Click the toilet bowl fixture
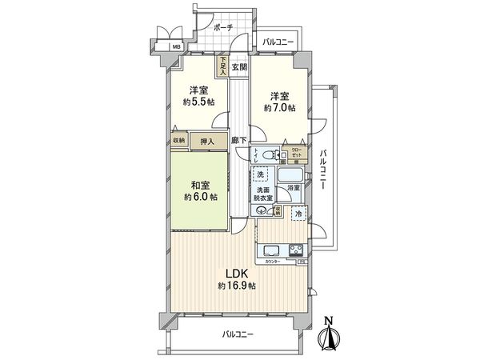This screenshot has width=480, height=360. click(270, 155)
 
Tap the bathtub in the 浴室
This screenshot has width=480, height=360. click(290, 176)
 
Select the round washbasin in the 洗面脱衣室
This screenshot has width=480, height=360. click(262, 210)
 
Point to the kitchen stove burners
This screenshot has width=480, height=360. click(295, 249)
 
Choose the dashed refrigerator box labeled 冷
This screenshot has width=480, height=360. click(297, 214)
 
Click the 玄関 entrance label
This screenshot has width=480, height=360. click(239, 67)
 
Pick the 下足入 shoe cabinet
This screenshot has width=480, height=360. click(222, 64)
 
